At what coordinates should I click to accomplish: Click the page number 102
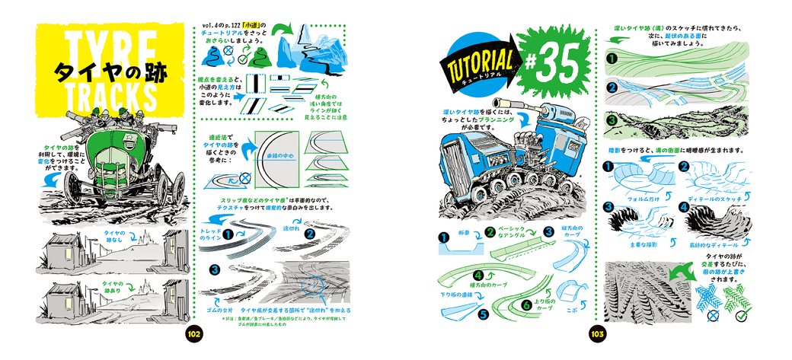(193, 334)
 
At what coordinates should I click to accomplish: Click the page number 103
(596, 334)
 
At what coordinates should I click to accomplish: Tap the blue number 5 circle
(482, 312)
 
